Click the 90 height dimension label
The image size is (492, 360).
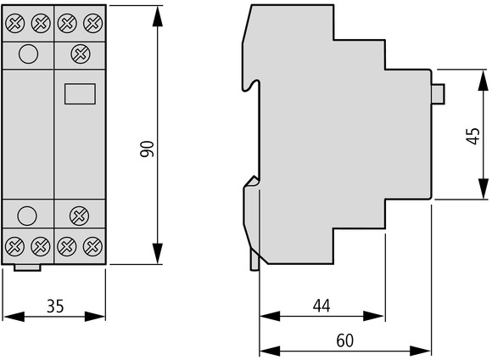pos(147,149)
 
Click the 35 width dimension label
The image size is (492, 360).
pos(55,306)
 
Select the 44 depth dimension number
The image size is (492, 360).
pos(321,306)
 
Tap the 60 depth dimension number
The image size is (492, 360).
pos(345,340)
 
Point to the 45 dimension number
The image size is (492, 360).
pos(472,136)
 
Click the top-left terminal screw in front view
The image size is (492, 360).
pos(15,23)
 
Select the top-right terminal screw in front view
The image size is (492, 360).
pos(92,23)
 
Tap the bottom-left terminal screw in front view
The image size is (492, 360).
pos(15,246)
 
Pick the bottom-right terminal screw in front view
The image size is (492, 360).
pos(92,246)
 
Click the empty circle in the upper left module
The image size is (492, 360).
pos(29,54)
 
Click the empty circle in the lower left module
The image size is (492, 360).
pos(27,216)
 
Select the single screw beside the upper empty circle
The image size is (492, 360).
pos(81,53)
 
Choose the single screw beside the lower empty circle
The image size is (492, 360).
pos(79,216)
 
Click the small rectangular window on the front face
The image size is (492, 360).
pos(80,93)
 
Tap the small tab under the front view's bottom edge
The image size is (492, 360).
pos(27,267)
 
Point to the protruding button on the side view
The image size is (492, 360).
pos(439,93)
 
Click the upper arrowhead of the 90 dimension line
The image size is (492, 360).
pos(158,17)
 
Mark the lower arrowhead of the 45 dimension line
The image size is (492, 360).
pos(484,188)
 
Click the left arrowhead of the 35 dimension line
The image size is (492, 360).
pos(14,317)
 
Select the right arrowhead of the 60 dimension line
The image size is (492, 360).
pos(420,351)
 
